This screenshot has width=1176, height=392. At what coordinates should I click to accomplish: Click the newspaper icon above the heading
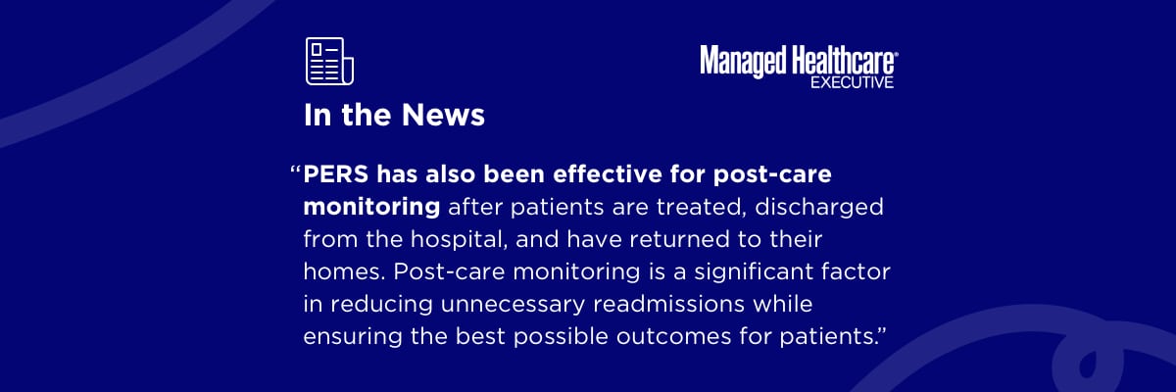[x=329, y=62]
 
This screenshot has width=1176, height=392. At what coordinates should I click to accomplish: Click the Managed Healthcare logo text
[x=799, y=62]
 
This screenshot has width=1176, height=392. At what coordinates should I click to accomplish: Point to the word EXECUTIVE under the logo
[x=852, y=82]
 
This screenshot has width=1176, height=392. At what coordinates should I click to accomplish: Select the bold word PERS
[x=336, y=174]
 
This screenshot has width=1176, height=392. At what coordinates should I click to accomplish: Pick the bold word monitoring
[x=371, y=207]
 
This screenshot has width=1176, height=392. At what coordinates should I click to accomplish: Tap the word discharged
[x=819, y=207]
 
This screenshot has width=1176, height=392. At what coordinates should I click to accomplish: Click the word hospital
[x=459, y=239]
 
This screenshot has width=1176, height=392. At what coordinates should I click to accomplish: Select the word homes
[x=344, y=271]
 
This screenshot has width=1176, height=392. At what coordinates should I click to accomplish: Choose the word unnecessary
[x=513, y=305]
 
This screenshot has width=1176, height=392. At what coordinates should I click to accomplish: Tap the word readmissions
[x=668, y=305]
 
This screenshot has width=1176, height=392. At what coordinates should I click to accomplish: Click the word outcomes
[x=673, y=336]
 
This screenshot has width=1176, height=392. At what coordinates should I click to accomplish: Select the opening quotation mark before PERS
[x=296, y=170]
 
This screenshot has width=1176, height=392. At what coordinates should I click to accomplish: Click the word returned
[x=679, y=239]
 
